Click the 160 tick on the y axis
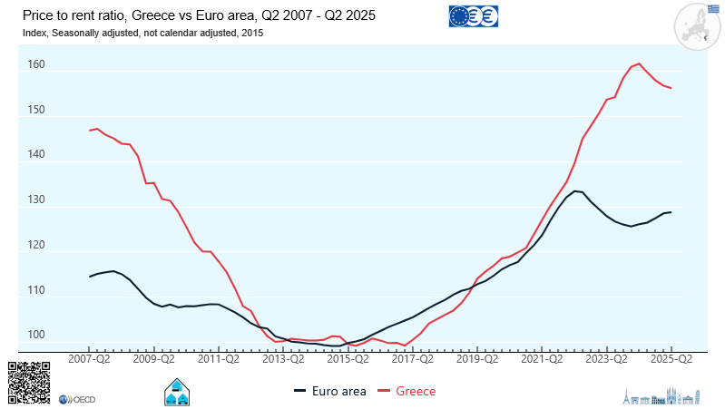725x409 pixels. click(x=35, y=65)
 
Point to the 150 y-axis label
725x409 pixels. click(x=35, y=110)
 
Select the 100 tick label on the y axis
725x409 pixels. click(x=35, y=336)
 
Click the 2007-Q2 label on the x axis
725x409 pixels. click(x=89, y=359)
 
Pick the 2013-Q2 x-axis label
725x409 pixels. click(x=283, y=359)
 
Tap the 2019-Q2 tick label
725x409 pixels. click(x=477, y=359)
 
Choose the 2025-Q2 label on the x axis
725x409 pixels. click(x=671, y=359)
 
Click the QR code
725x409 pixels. click(x=29, y=382)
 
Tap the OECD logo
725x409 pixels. click(x=78, y=399)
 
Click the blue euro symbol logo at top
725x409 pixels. click(x=474, y=16)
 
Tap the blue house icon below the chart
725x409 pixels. click(x=176, y=393)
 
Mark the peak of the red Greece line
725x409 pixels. click(x=640, y=63)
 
